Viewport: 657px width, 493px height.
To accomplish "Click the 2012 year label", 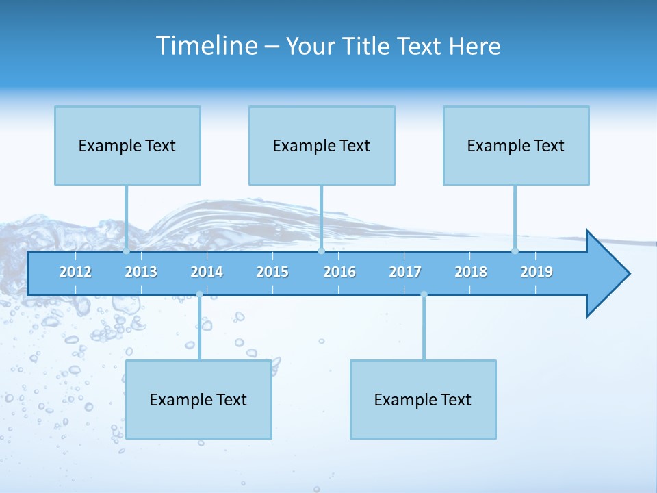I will [75, 272].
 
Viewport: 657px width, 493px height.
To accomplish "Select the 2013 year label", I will [141, 272].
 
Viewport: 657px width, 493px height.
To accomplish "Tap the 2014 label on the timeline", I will [207, 272].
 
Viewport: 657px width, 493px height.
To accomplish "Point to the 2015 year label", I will [272, 272].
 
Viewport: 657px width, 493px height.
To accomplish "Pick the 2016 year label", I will [339, 272].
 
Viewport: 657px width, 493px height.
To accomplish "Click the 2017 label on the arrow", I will [405, 272].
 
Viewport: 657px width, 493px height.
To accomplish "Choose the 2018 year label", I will [471, 272].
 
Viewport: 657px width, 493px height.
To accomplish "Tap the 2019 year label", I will [537, 272].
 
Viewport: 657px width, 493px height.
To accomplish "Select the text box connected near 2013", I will [127, 145].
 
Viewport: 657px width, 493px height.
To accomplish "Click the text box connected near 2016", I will [322, 145].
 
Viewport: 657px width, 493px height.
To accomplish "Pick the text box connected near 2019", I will [516, 145].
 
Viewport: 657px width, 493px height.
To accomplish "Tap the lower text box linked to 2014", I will [198, 399].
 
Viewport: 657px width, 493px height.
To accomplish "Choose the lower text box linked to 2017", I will [423, 399].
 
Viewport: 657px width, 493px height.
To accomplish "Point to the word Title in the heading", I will [368, 46].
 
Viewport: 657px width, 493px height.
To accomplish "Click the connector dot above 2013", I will [127, 251].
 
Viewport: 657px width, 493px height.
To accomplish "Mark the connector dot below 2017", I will [424, 294].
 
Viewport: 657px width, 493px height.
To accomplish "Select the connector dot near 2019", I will [515, 251].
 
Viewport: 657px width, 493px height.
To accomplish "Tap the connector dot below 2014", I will [199, 294].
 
